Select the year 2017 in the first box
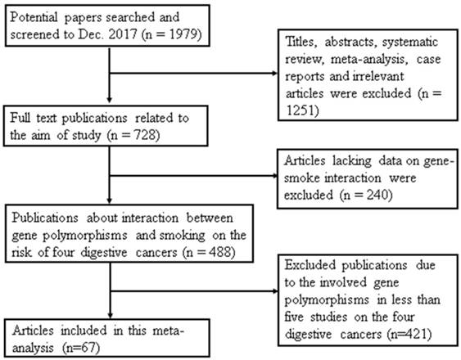tap(123, 34)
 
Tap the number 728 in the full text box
tap(144, 135)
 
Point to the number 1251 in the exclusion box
tap(301, 110)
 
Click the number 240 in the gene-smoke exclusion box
tap(377, 195)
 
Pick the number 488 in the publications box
tap(220, 252)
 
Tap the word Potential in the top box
tap(34, 17)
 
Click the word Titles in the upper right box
tap(301, 42)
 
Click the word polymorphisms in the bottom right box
tap(327, 299)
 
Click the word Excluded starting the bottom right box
tap(310, 265)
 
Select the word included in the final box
tap(84, 331)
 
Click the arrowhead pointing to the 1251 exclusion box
tap(274, 73)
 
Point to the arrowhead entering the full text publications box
tap(110, 100)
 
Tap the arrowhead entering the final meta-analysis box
tap(111, 315)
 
